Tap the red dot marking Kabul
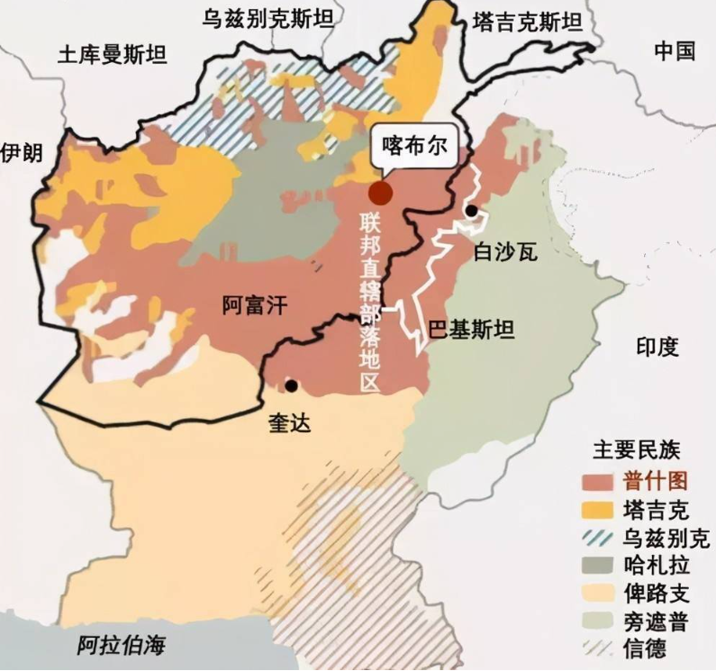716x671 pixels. pyautogui.click(x=380, y=193)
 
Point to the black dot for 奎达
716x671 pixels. pyautogui.click(x=291, y=385)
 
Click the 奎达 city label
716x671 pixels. pyautogui.click(x=289, y=422)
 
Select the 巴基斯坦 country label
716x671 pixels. pyautogui.click(x=471, y=330)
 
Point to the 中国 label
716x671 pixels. pyautogui.click(x=675, y=52)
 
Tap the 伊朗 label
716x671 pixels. pyautogui.click(x=21, y=152)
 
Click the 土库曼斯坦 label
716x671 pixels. pyautogui.click(x=112, y=56)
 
